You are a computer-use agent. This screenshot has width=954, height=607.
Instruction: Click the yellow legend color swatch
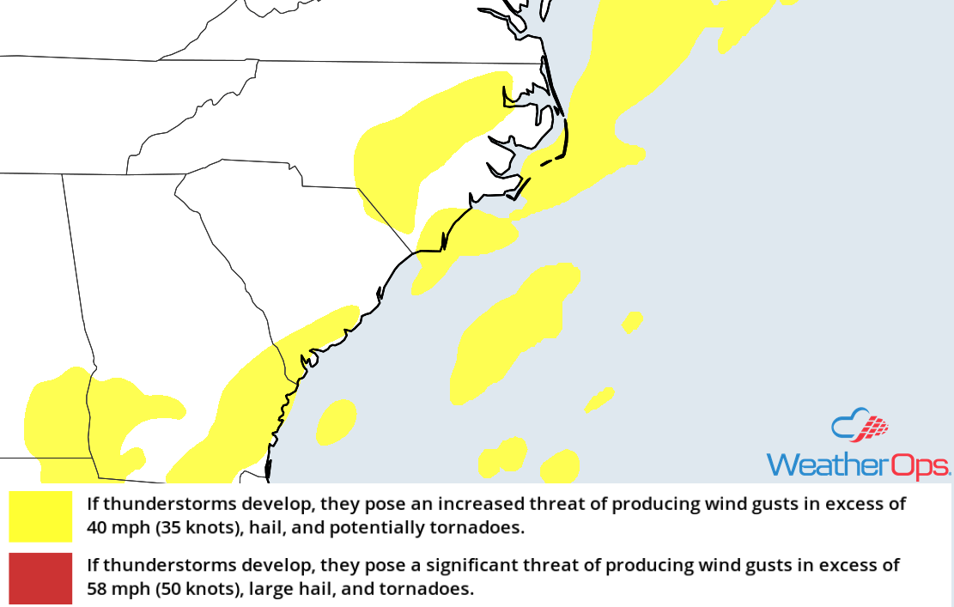point(40,516)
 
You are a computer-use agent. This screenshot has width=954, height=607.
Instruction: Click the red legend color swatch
point(40,579)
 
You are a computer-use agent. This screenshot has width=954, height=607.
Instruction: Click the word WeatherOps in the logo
point(858,464)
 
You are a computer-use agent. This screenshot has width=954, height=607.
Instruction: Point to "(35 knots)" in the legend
point(198,527)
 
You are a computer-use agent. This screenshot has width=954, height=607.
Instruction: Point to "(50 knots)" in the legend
point(198,590)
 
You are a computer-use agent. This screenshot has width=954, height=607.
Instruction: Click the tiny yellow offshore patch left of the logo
point(599,399)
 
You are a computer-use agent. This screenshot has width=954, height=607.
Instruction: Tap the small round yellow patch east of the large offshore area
point(633,323)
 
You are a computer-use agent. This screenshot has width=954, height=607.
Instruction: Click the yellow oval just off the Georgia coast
point(337,422)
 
